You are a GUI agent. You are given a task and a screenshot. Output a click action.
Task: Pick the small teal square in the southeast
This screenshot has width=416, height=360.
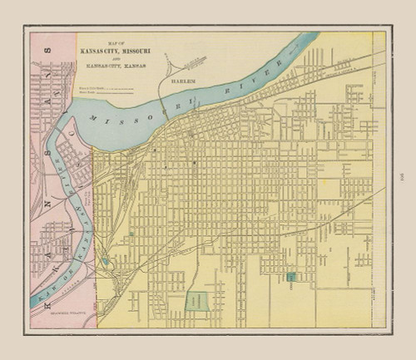coord(291,278)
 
